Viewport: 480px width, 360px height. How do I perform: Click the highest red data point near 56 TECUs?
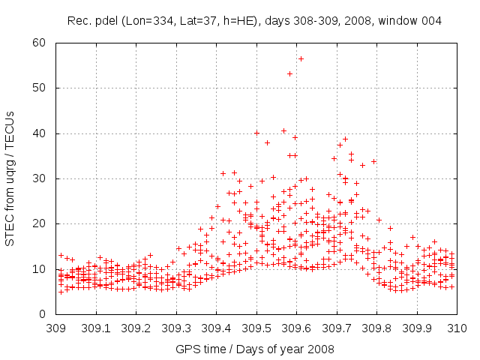(x=301, y=58)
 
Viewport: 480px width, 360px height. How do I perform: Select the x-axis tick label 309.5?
(x=256, y=328)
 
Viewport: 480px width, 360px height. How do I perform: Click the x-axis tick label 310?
(x=457, y=328)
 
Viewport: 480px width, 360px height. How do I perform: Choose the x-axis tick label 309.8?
(x=376, y=328)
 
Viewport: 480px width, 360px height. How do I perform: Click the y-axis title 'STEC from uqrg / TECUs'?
(x=10, y=178)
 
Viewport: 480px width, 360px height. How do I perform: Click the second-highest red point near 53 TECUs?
(x=289, y=73)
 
